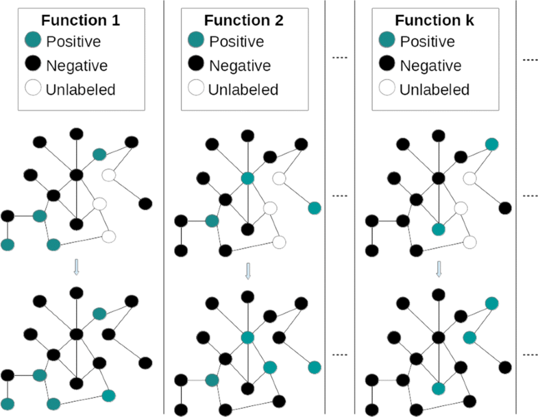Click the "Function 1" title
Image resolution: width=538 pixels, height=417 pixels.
(80, 20)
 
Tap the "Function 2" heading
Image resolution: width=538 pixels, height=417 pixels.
(243, 20)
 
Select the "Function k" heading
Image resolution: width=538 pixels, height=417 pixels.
(435, 20)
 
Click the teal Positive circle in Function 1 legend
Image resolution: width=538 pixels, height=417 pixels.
(34, 42)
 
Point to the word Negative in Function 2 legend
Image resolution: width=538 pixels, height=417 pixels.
(237, 66)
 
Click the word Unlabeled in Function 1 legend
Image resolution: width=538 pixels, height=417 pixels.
(80, 89)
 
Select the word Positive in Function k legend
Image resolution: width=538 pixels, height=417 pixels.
(428, 42)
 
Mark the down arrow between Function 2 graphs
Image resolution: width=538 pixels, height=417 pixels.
(248, 272)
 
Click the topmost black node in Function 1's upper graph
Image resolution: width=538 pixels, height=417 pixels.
(77, 133)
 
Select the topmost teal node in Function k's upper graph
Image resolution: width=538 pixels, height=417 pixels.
(491, 143)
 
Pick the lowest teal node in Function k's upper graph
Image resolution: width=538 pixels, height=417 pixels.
(439, 229)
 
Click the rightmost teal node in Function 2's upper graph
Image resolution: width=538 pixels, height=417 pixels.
(315, 208)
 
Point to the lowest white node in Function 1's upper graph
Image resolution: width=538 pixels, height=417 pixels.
(108, 237)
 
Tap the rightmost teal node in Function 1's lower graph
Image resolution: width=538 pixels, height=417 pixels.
(108, 395)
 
